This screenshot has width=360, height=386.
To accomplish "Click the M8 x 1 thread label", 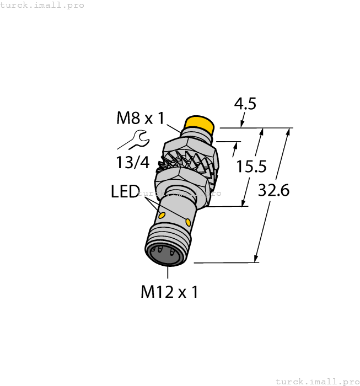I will [x=140, y=118].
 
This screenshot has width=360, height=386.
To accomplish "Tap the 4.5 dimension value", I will [x=245, y=104].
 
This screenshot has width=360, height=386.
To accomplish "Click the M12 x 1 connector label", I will [x=169, y=292].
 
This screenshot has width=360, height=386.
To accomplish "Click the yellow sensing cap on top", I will [x=200, y=124].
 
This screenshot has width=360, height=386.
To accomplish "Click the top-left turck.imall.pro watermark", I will [x=42, y=5].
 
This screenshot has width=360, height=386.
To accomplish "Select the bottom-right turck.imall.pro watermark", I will [x=316, y=381].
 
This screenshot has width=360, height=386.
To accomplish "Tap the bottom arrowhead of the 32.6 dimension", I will [x=256, y=259].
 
